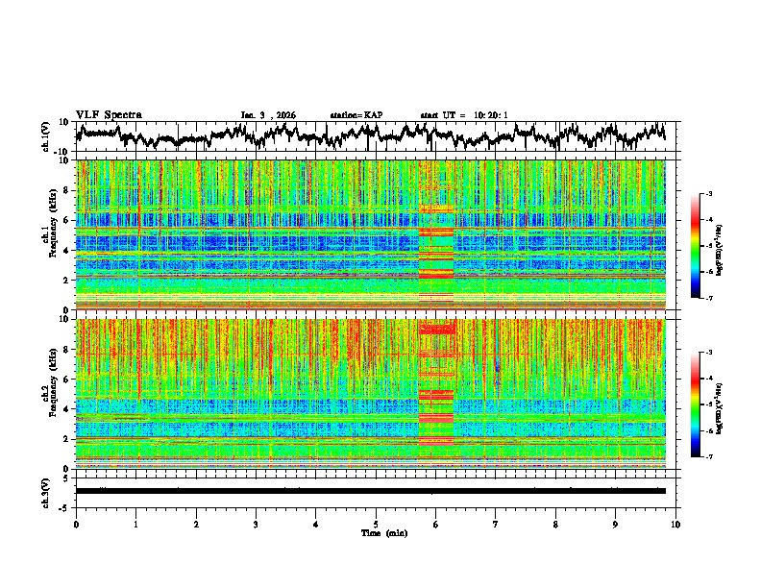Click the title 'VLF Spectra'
coord(109,114)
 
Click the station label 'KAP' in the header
coord(373,115)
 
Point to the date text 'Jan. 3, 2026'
coord(268,115)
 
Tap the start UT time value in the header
coord(490,115)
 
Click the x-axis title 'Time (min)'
coord(376,532)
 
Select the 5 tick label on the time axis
coord(376,524)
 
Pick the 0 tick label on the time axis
coord(76,524)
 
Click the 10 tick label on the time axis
coord(675,524)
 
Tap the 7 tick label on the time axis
coord(496,524)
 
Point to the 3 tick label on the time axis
coord(256,524)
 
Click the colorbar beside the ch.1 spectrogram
coord(695,246)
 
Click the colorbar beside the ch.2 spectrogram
coord(695,404)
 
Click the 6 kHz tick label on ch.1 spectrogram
coord(67,220)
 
